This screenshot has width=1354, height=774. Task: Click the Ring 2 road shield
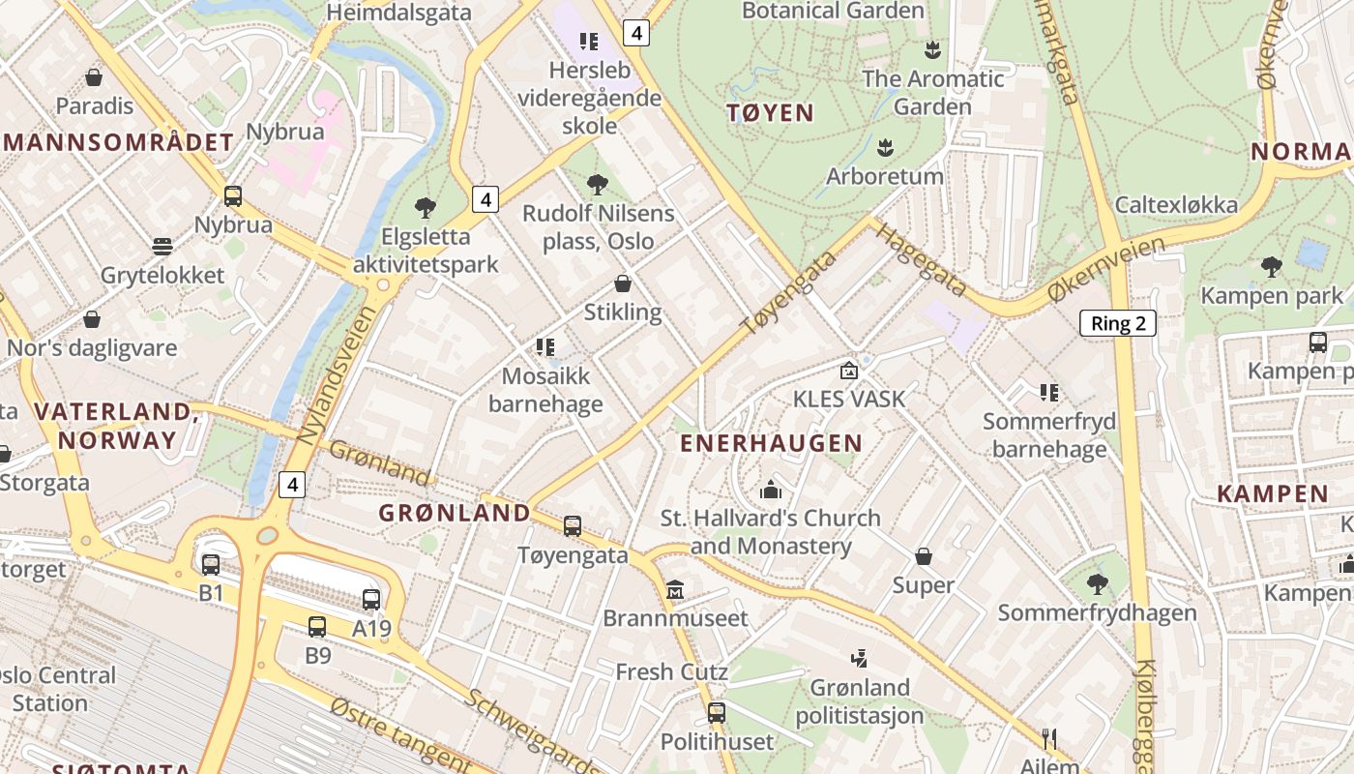pos(1117,323)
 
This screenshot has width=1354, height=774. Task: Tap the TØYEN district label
pos(770,113)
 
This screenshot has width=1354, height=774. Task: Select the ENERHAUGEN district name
pos(771,443)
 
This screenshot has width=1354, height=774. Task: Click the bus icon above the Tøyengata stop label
pos(573,526)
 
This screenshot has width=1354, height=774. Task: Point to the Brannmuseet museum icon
pos(675,589)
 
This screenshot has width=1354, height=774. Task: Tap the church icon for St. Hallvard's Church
pos(771,490)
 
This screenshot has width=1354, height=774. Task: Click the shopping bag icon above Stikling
pos(623,283)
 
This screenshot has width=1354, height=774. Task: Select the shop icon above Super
pos(924,556)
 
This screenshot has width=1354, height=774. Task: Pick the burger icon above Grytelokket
pos(162,247)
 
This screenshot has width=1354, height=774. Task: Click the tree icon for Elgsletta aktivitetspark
pos(425,207)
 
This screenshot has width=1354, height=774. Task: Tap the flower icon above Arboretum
pos(884,148)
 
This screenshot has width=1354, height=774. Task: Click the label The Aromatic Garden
pos(932,92)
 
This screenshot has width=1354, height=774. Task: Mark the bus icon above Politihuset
pos(716,713)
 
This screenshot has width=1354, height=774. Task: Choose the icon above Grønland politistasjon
pos(859,659)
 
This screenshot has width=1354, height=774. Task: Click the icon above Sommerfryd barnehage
pos(1049,392)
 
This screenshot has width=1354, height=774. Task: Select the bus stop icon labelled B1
pos(211,564)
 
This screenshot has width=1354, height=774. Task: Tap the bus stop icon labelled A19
pos(371,600)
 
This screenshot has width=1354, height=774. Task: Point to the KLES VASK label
pos(849,399)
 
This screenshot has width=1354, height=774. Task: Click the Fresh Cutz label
pos(671,671)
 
